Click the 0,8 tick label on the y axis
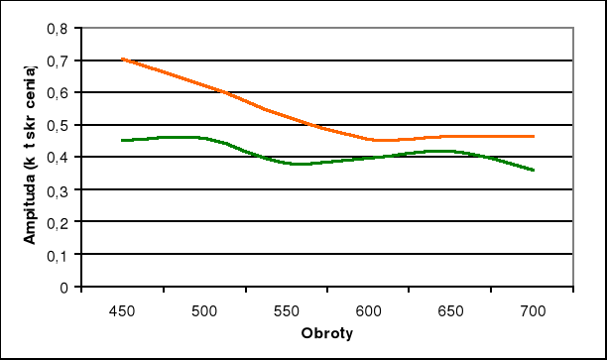(60, 28)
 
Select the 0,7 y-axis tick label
(60, 60)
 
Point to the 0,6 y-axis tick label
(60, 92)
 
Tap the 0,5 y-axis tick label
(60, 125)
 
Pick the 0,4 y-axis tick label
(60, 157)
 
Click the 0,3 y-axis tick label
(60, 189)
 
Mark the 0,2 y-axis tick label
(60, 222)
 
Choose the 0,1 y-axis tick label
(60, 254)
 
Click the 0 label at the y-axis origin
(64, 287)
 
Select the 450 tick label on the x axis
(121, 310)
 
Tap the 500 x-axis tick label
(203, 310)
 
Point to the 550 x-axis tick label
(286, 310)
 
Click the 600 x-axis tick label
(369, 310)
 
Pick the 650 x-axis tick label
(451, 310)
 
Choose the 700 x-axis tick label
(534, 310)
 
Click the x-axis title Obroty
(327, 332)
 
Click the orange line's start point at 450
(121, 60)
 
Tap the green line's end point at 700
(534, 170)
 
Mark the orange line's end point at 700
(534, 136)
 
